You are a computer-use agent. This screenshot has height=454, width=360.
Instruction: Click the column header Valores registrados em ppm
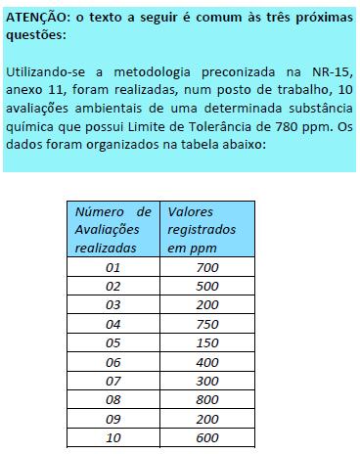202,229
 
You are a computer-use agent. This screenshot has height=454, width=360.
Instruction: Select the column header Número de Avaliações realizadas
113,229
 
